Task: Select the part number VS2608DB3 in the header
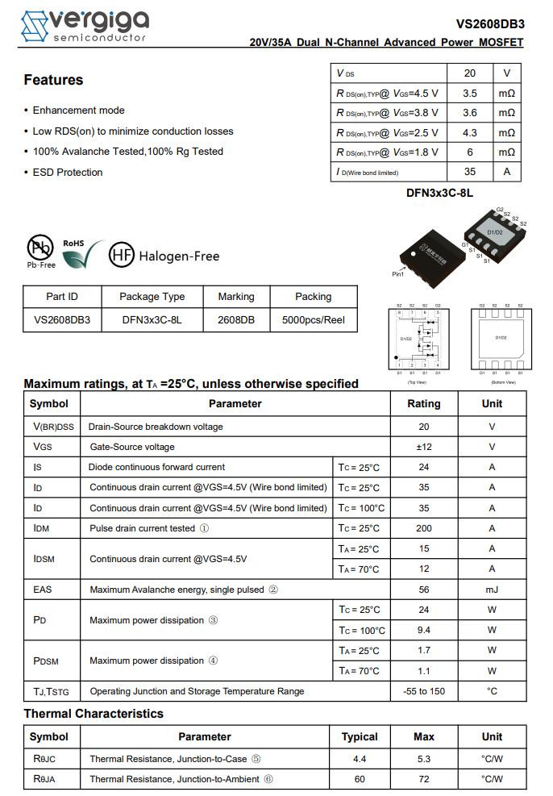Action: click(489, 24)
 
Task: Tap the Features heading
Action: click(53, 80)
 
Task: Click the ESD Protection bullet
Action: click(68, 172)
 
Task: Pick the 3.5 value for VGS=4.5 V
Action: click(470, 94)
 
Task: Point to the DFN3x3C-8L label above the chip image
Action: click(439, 194)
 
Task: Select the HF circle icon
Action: click(121, 255)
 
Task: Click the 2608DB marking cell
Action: click(236, 319)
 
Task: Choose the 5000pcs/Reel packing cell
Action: click(313, 319)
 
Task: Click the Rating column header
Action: click(423, 403)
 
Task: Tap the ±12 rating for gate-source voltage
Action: click(423, 447)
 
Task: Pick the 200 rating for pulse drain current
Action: click(423, 528)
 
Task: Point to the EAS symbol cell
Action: click(43, 590)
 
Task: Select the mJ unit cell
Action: click(492, 590)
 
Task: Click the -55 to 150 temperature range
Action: click(423, 691)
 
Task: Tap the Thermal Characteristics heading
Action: click(94, 714)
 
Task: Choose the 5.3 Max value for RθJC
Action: click(423, 759)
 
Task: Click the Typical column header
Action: click(360, 736)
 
